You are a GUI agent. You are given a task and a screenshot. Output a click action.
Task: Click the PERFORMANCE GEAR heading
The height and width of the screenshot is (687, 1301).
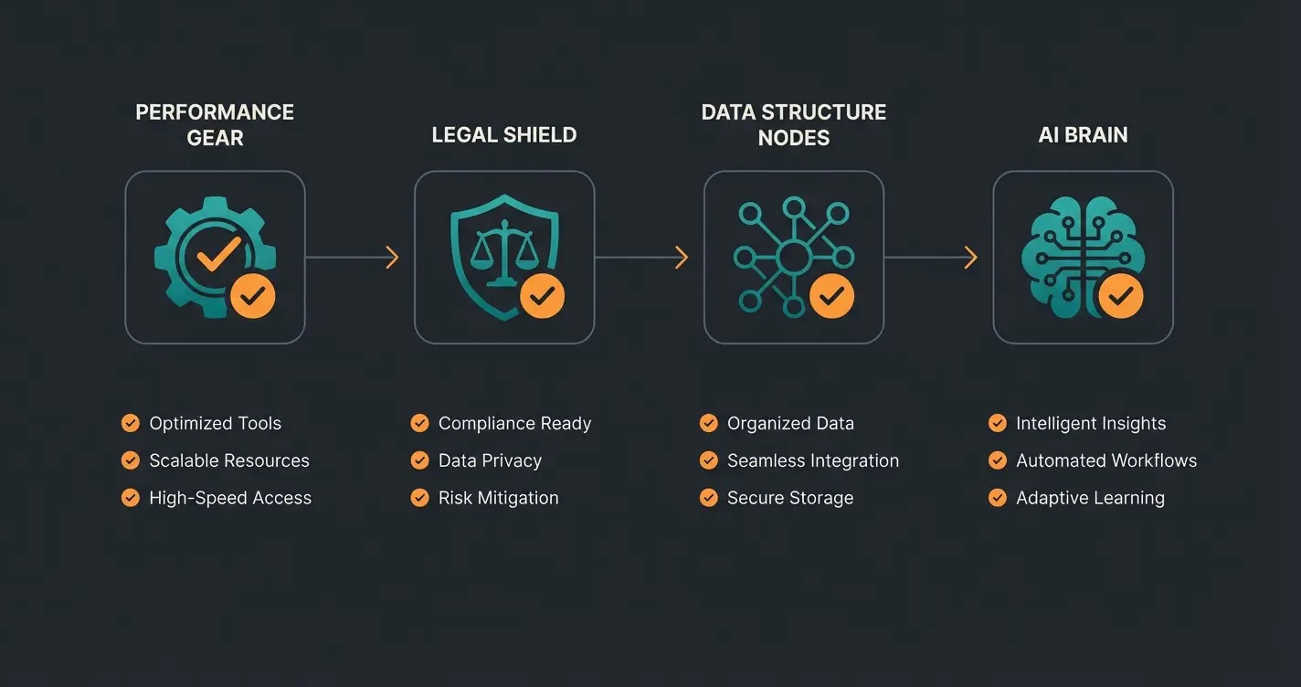pyautogui.click(x=215, y=124)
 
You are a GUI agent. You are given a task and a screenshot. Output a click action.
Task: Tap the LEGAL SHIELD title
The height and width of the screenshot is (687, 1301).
pyautogui.click(x=504, y=135)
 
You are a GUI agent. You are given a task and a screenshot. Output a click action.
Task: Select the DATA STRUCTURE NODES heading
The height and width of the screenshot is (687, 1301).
pyautogui.click(x=794, y=124)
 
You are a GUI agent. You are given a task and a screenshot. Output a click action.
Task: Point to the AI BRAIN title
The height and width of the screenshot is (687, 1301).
pyautogui.click(x=1083, y=135)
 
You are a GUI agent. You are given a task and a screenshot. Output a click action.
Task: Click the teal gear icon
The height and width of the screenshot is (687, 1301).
pyautogui.click(x=203, y=252)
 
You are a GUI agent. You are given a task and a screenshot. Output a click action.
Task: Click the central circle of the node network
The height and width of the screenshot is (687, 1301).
pyautogui.click(x=793, y=255)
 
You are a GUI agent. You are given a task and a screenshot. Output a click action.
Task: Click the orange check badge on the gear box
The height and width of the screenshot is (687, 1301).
pyautogui.click(x=252, y=295)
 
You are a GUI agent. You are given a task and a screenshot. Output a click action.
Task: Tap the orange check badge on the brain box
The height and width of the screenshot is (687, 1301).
pyautogui.click(x=1120, y=295)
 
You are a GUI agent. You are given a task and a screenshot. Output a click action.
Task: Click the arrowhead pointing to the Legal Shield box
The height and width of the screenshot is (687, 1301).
pyautogui.click(x=392, y=258)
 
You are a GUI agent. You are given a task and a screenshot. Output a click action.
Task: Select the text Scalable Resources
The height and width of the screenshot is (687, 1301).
pyautogui.click(x=229, y=460)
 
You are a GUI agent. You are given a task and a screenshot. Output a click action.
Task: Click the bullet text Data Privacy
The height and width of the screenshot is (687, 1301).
pyautogui.click(x=490, y=460)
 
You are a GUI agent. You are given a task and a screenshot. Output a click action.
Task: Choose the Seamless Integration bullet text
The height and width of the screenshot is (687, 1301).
pyautogui.click(x=813, y=460)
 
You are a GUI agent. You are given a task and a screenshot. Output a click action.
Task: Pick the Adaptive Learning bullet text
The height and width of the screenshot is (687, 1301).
pyautogui.click(x=1090, y=498)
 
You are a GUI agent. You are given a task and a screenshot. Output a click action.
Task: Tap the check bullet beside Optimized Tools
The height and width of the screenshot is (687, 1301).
pyautogui.click(x=131, y=423)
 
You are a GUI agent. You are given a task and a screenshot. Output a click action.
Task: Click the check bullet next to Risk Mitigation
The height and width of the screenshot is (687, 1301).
pyautogui.click(x=419, y=498)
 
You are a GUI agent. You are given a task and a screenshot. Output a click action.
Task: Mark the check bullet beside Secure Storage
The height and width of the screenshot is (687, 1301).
pyautogui.click(x=708, y=498)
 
